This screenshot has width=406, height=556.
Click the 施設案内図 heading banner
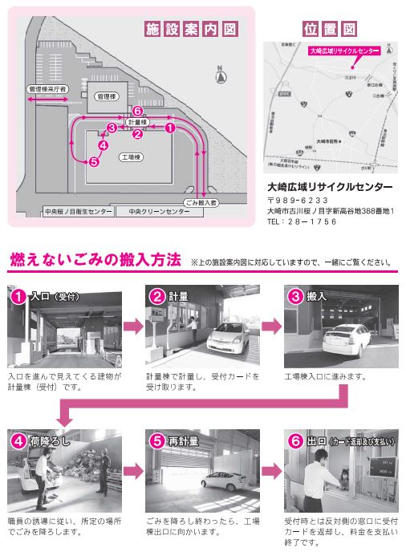(191, 30)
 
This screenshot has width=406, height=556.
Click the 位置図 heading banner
(330, 30)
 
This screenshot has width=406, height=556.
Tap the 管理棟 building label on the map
(105, 95)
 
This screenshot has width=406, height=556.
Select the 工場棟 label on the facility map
(131, 158)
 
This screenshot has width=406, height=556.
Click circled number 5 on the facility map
(94, 161)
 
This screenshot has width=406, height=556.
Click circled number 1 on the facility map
(170, 127)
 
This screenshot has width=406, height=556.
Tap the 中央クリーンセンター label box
(157, 213)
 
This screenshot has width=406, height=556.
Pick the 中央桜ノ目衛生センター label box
(79, 213)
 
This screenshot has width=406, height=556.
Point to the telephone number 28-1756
(306, 221)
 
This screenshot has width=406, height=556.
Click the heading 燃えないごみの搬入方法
(95, 260)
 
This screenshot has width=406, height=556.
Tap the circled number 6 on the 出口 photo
(294, 440)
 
